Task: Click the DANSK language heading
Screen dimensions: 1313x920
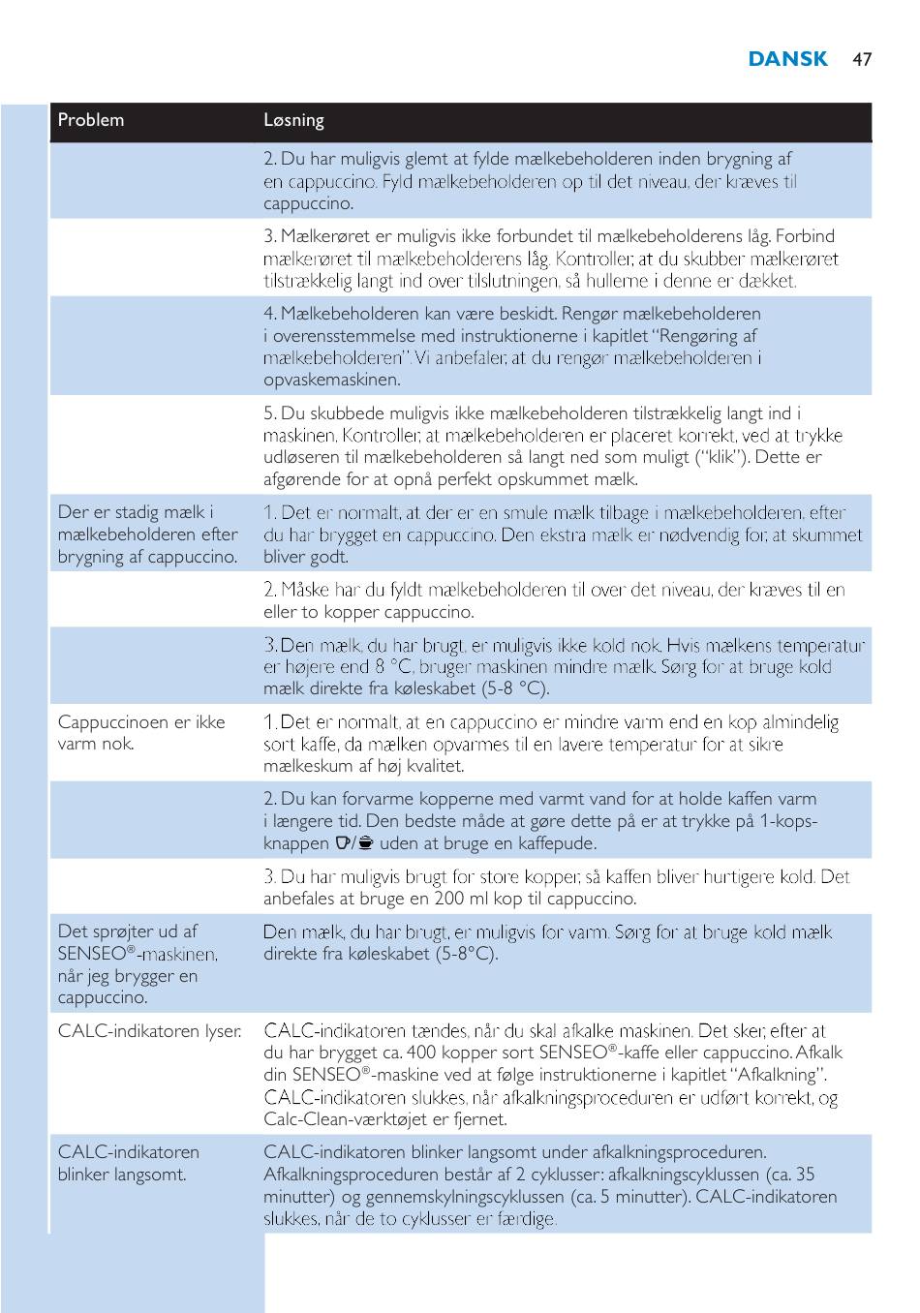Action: tap(787, 59)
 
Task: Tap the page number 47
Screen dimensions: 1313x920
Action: tap(862, 60)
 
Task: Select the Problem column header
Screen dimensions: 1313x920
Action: tap(91, 120)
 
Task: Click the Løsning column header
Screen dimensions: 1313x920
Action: tap(293, 120)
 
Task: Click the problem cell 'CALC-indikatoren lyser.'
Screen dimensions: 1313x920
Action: tap(149, 1030)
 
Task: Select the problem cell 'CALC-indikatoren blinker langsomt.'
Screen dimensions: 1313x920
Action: tap(128, 1163)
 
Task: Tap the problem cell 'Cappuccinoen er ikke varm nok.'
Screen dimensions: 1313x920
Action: tap(140, 733)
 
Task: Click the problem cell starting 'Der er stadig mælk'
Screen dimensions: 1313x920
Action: tap(147, 534)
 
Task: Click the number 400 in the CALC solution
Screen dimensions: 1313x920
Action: tap(422, 1053)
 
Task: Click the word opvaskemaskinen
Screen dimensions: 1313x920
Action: tap(331, 381)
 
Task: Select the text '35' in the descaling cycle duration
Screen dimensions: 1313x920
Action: tap(804, 1175)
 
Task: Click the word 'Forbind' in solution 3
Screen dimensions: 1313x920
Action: tap(805, 236)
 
